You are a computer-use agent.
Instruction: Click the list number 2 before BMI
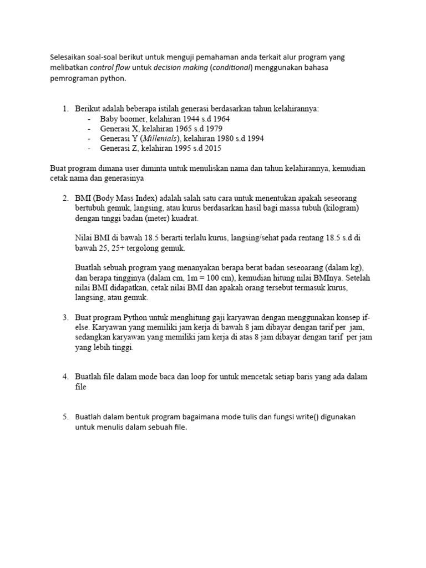pos(65,198)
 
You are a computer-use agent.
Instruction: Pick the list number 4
pos(65,377)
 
